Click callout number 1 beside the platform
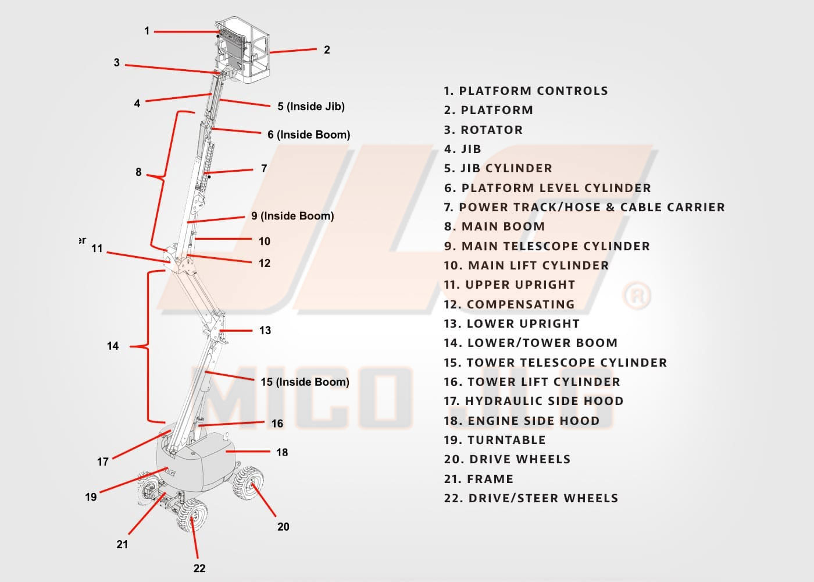[147, 31]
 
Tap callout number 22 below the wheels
[199, 568]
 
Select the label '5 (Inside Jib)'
[310, 107]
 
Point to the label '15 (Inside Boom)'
[305, 382]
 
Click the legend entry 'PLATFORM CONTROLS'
[526, 91]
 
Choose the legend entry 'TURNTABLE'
[495, 440]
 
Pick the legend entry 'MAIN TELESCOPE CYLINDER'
[547, 246]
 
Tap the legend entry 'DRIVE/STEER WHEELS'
[531, 498]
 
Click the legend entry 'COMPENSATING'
[509, 304]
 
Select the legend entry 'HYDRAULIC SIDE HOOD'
[533, 401]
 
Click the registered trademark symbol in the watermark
[637, 296]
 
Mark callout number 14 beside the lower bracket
[113, 346]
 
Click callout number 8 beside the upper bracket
[138, 172]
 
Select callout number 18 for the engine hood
[282, 452]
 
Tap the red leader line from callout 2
[294, 51]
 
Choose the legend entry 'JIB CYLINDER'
[498, 168]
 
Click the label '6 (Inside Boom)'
[309, 134]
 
